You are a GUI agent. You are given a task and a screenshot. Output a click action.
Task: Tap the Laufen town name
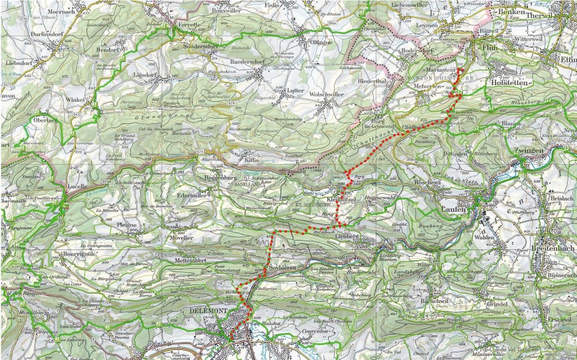coord(454,210)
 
